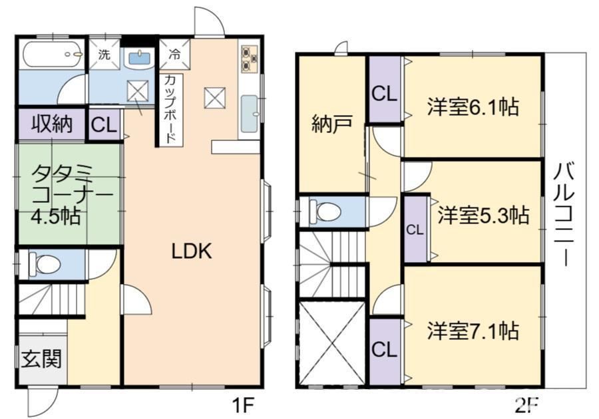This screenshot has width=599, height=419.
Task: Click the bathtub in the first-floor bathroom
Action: [53, 54]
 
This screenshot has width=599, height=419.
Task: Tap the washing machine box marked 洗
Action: [104, 54]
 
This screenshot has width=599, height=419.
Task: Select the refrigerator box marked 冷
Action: [174, 54]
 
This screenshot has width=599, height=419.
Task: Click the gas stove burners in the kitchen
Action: [249, 59]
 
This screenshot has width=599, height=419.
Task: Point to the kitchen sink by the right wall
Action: [250, 113]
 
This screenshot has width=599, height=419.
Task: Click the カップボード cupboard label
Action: [171, 109]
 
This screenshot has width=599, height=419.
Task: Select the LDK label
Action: [191, 251]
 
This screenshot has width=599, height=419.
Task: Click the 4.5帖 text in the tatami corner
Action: [56, 215]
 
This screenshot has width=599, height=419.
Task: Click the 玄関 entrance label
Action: [41, 358]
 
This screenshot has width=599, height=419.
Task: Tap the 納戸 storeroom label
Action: [331, 124]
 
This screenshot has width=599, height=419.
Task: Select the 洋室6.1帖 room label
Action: [473, 106]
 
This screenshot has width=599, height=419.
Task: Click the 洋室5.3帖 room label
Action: [483, 215]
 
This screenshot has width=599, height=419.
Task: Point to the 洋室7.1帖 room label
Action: [473, 331]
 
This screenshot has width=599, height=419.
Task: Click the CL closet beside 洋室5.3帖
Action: [415, 230]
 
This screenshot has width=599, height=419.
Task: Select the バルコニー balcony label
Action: [564, 214]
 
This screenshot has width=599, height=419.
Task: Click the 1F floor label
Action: [243, 405]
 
